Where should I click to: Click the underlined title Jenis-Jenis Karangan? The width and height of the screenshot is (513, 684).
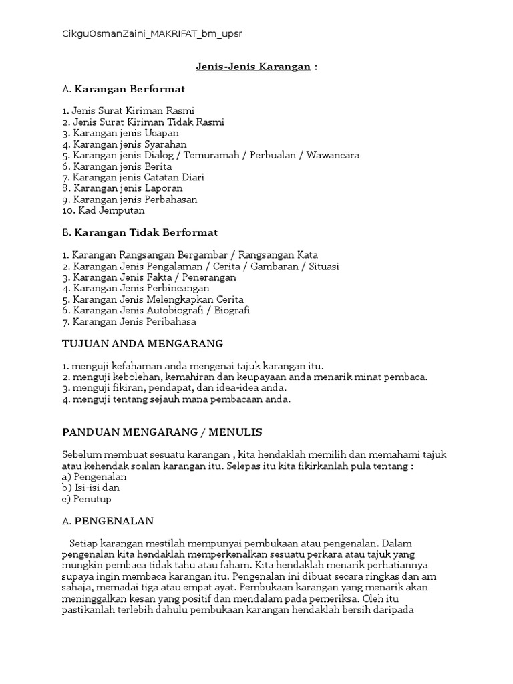tap(253, 67)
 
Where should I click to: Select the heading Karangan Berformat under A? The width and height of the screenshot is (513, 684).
tap(130, 89)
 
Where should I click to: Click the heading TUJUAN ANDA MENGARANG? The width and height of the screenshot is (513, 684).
tap(142, 343)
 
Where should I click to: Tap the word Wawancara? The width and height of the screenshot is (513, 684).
tap(333, 155)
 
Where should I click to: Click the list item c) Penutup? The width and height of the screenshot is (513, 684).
tap(86, 499)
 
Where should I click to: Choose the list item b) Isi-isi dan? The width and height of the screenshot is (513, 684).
tap(91, 488)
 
